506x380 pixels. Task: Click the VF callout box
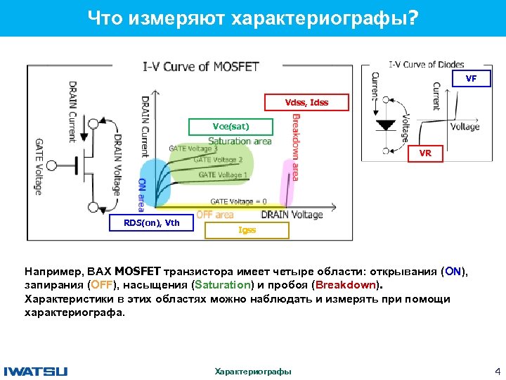[x=471, y=79]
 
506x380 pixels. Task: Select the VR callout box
[x=426, y=152]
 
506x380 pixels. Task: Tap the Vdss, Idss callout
[x=306, y=103]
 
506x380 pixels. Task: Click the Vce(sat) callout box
[x=231, y=127]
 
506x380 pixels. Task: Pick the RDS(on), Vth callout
[x=152, y=223]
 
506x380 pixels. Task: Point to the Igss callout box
[x=247, y=230]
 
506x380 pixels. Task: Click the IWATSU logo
[x=36, y=371]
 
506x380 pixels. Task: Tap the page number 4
[x=497, y=371]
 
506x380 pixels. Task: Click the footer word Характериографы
[x=253, y=372]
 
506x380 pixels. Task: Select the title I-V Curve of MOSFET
[x=201, y=67]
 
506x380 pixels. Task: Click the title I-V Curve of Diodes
[x=426, y=65]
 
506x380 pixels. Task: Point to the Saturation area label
[x=239, y=141]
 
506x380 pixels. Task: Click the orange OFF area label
[x=214, y=215]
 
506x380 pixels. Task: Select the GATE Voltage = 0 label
[x=238, y=201]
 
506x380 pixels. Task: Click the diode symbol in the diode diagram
[x=386, y=125]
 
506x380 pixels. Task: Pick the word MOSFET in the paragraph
[x=138, y=271]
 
